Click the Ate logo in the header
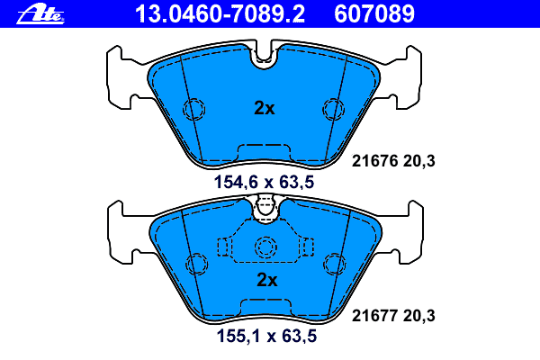pyautogui.click(x=40, y=14)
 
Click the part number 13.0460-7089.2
pyautogui.click(x=220, y=14)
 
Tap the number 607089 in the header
pyautogui.click(x=374, y=14)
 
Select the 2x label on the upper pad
pyautogui.click(x=264, y=108)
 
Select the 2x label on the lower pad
pyautogui.click(x=267, y=280)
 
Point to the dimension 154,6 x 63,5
pyautogui.click(x=264, y=182)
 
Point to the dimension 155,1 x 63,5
pyautogui.click(x=266, y=336)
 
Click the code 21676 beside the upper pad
pyautogui.click(x=374, y=161)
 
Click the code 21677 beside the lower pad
pyautogui.click(x=374, y=316)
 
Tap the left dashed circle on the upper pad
pyautogui.click(x=193, y=109)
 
